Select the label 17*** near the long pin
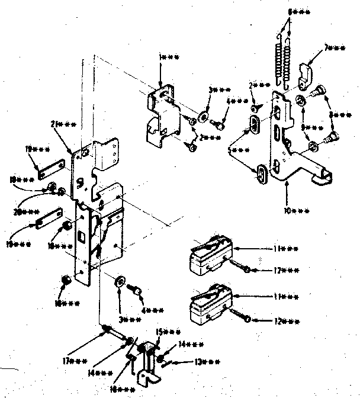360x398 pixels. pos(76,360)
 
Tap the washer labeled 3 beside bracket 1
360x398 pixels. pos(203,114)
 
